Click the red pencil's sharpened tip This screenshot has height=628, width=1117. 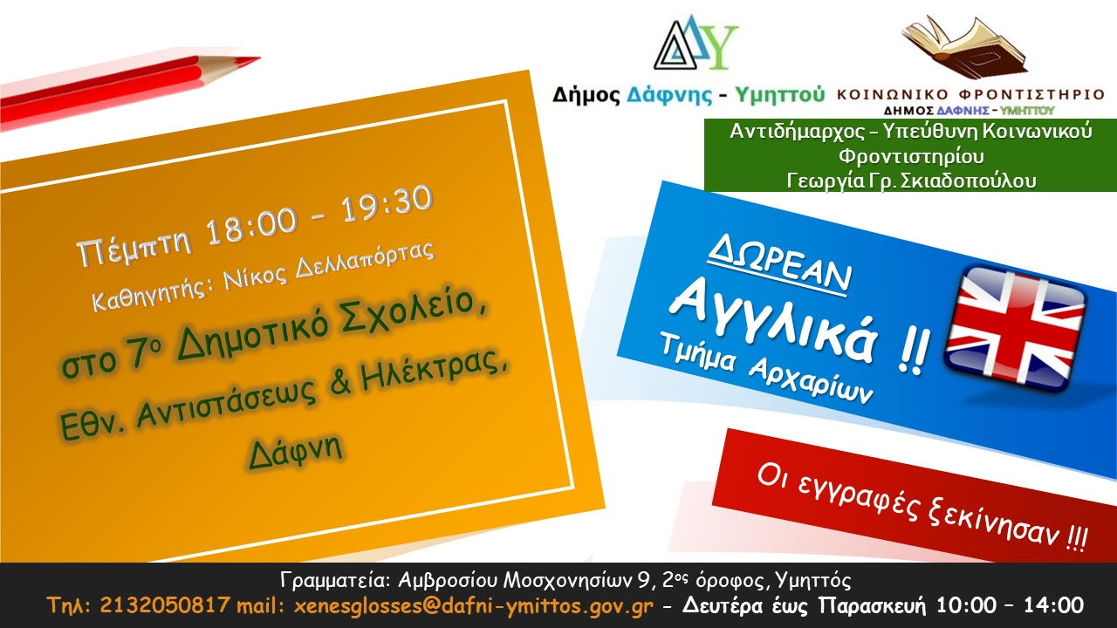tap(258, 59)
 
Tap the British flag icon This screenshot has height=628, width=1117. tap(1016, 329)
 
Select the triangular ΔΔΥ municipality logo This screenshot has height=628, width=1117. tap(696, 43)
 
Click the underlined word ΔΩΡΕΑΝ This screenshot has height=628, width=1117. tap(779, 266)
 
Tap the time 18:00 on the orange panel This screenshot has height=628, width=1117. tap(252, 226)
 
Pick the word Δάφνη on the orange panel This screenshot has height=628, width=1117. tap(296, 451)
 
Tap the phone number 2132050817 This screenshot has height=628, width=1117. tap(165, 605)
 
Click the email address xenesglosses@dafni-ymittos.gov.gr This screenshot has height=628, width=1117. tap(473, 606)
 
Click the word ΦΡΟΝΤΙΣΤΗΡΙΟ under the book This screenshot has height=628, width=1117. tap(1031, 94)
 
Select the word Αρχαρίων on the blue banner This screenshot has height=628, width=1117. tap(811, 379)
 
